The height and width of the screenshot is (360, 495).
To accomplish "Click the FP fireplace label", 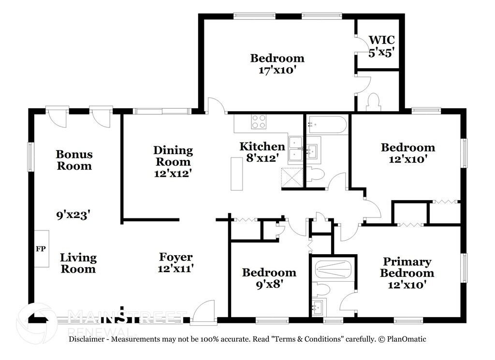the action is click(41, 249).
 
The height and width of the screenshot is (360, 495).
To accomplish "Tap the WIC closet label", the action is click(382, 40).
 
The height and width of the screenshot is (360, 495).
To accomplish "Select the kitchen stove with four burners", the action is click(259, 121).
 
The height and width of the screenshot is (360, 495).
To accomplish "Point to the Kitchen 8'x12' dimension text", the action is click(262, 158).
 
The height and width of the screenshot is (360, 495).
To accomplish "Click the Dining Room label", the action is click(173, 156).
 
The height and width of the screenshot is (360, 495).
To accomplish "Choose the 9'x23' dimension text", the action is click(73, 215).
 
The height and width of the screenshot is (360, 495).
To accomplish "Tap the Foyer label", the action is click(175, 257).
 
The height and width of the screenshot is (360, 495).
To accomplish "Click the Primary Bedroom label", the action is click(407, 267).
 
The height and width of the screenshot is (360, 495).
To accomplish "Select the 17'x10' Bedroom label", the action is click(277, 58).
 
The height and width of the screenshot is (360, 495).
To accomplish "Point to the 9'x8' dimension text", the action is click(269, 284).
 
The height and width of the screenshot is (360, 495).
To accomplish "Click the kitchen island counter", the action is click(236, 173).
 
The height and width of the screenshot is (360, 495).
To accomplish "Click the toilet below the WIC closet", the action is click(374, 102).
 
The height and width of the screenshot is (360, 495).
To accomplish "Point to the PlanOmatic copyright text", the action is click(402, 339).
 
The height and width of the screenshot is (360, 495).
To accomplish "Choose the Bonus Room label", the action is click(74, 160).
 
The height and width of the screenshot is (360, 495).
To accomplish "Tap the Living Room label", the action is click(78, 263).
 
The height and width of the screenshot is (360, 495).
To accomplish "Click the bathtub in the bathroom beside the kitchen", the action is click(327, 125).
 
